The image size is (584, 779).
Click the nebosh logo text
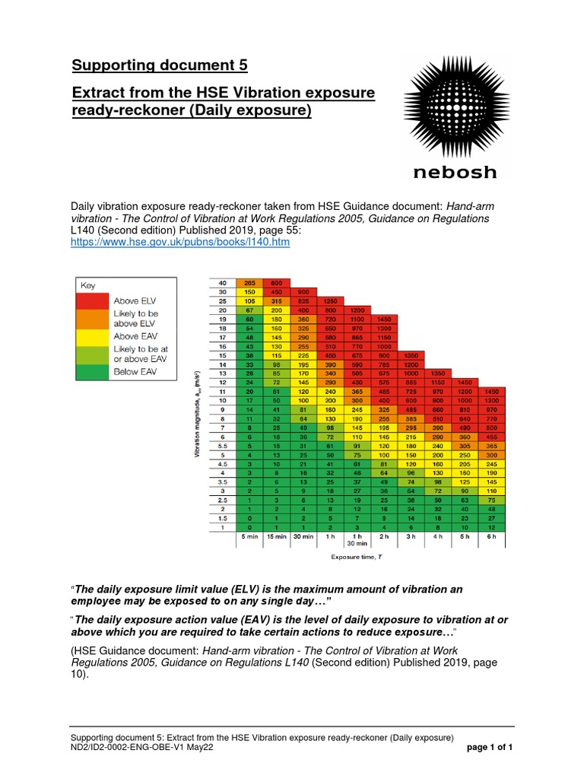pos(454,172)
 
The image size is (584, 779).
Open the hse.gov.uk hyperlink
pos(180,242)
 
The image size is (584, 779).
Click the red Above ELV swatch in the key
pos(93,300)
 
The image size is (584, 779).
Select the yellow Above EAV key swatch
pos(93,335)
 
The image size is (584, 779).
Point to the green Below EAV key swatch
pos(93,371)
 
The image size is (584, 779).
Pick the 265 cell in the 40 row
pos(249,283)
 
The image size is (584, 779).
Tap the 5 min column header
pos(249,536)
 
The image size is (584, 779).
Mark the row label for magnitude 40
pos(224,283)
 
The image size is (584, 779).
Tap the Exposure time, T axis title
pos(355,557)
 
